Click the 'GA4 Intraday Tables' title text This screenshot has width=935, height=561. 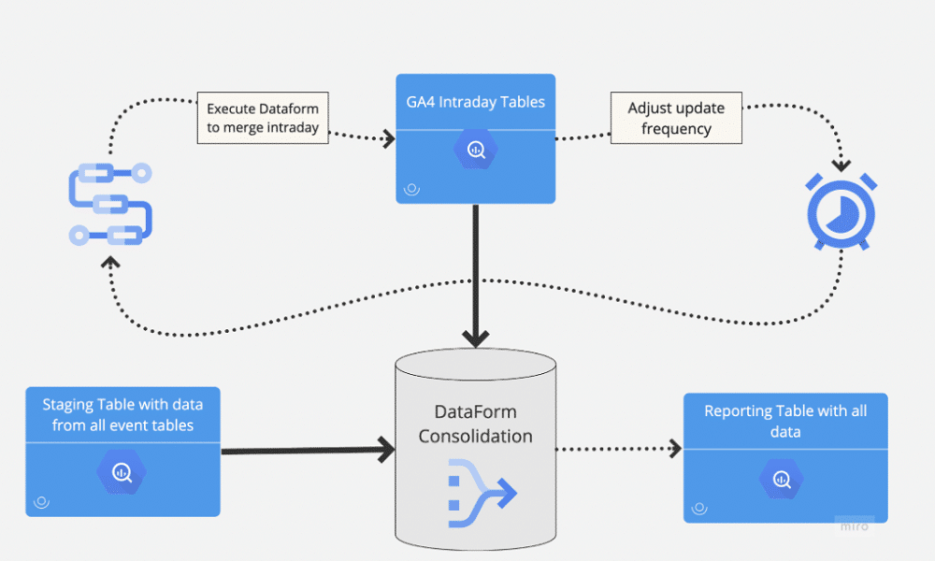475,102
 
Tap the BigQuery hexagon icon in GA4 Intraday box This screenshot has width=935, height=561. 476,151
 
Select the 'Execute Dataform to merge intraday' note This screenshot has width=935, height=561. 263,118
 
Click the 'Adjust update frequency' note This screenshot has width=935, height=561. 676,118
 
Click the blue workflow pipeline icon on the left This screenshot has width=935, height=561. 110,203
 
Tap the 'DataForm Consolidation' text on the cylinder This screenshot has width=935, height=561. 475,424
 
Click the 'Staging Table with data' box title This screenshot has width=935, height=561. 122,415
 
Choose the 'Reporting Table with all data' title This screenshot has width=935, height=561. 784,421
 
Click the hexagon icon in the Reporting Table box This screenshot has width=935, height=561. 784,480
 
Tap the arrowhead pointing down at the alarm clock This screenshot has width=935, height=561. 841,165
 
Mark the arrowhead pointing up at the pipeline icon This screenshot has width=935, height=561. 110,263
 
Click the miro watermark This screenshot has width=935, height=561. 854,525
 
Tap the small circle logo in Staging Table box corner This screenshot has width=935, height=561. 41,502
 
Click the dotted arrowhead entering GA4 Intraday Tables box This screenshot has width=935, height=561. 387,138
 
